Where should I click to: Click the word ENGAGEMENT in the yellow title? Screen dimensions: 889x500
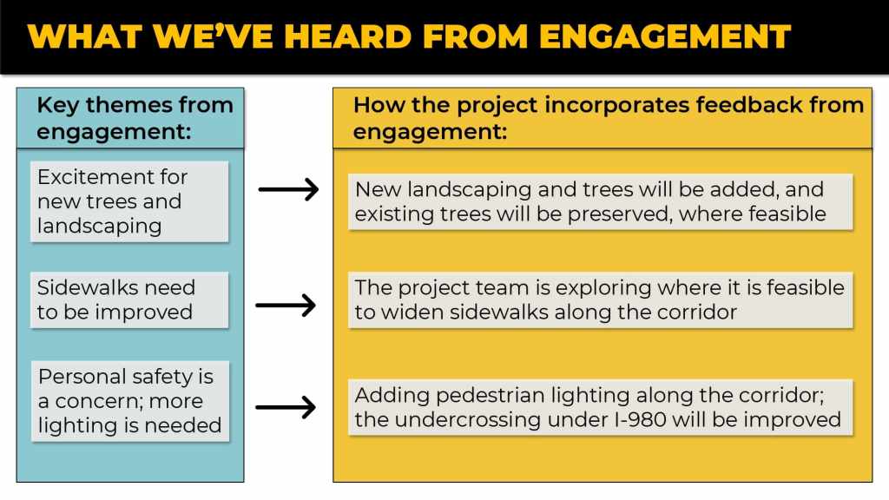point(664,36)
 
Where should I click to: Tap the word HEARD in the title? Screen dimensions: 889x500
point(347,36)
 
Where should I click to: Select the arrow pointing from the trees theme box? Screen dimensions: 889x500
point(288,189)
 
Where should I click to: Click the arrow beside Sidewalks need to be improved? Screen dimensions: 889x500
point(286,306)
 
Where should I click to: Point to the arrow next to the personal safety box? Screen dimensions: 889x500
point(286,407)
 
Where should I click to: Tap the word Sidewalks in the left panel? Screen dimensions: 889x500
point(88,287)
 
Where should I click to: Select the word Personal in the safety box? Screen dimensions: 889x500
point(79,377)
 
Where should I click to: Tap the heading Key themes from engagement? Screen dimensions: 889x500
point(135,118)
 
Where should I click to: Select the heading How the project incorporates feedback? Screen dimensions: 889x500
point(609,118)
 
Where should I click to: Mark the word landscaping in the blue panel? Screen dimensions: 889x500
point(100,227)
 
